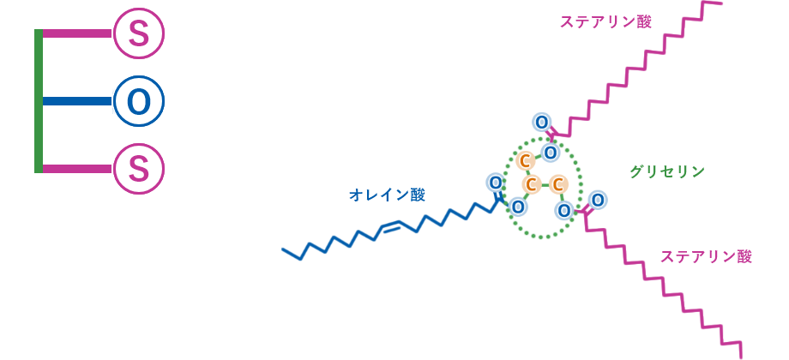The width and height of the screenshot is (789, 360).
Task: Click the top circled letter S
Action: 138,33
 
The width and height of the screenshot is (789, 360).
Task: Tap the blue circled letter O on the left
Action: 138,101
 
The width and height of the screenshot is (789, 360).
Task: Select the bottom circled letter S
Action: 138,169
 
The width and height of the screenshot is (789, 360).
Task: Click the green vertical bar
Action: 38,101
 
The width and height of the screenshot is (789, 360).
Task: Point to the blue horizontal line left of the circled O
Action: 77,101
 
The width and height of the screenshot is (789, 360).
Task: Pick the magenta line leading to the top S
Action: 77,33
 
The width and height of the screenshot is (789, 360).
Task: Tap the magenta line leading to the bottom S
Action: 77,169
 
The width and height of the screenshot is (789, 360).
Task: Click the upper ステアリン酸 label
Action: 605,21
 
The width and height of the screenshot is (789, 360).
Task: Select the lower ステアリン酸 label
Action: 705,256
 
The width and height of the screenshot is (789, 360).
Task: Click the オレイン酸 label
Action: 387,195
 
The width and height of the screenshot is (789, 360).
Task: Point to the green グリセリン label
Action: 666,171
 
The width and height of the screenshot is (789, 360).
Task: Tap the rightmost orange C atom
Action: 558,184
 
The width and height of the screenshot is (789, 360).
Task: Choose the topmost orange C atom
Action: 526,161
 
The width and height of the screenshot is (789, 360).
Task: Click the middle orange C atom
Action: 532,184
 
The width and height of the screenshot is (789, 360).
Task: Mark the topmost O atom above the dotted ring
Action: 541,122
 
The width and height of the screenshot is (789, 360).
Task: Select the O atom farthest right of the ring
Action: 598,200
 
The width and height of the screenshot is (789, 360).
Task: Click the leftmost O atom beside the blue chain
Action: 495,183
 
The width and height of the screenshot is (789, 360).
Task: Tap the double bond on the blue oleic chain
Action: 391,226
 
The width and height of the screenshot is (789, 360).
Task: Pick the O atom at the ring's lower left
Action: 518,207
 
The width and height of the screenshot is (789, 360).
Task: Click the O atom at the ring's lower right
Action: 563,210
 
